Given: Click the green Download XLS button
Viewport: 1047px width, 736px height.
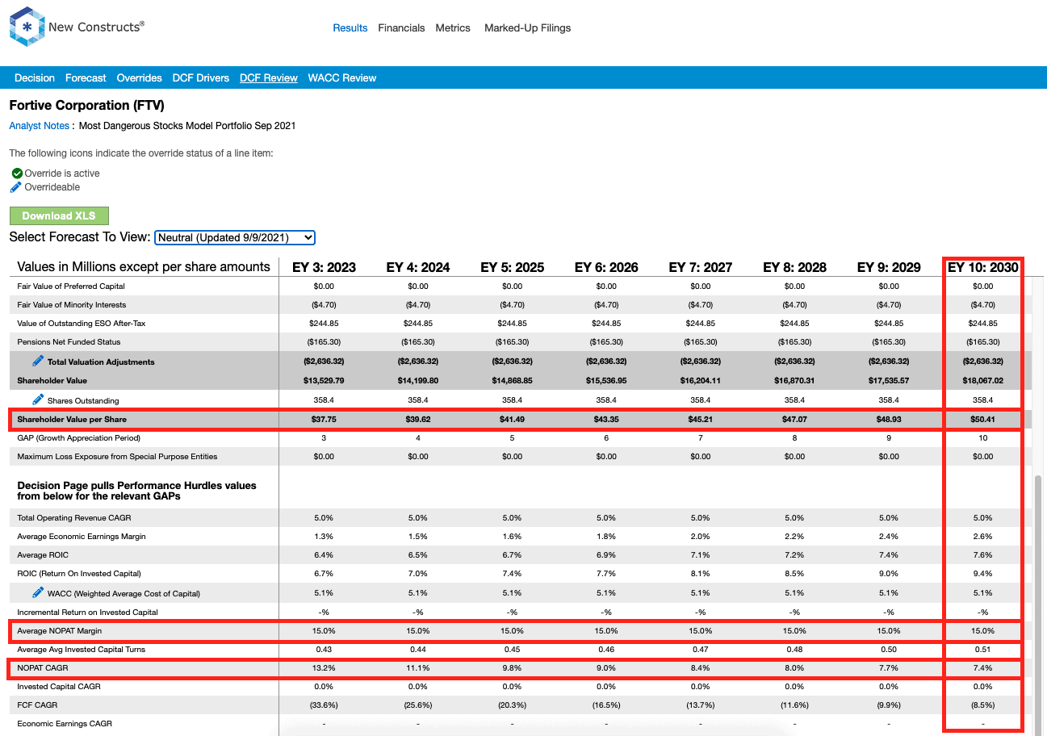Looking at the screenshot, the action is coord(59,216).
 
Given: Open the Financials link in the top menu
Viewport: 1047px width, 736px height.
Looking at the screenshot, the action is coord(401,28).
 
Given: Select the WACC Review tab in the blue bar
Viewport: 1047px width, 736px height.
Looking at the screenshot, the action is coord(341,78).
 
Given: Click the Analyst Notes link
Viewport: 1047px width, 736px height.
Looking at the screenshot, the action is coord(40,126).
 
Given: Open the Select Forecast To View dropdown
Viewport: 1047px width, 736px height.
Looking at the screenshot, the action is coord(235,237).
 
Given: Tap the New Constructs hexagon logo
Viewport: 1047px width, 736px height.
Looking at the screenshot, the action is coord(27,27).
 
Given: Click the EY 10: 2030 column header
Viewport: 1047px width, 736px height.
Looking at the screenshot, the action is coord(982,267).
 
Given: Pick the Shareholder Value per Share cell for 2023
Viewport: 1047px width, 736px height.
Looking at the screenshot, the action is coord(324,419).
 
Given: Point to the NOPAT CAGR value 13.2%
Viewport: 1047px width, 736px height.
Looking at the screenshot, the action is coord(324,667).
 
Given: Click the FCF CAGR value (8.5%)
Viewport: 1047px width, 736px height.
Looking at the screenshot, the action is coord(982,705).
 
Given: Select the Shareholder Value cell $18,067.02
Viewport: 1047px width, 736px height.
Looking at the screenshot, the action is coord(982,380).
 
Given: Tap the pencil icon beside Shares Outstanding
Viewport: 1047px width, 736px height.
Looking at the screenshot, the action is coord(38,399).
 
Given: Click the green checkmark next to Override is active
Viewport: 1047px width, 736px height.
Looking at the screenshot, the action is coord(17,174).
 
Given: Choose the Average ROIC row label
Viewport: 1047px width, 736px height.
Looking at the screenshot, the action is coord(43,554).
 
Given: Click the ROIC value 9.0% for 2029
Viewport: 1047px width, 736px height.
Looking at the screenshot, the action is coord(889,573).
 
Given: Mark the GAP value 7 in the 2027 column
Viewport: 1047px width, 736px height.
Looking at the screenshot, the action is coord(700,438).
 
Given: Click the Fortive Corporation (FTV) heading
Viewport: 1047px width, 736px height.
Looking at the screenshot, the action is coord(87,105).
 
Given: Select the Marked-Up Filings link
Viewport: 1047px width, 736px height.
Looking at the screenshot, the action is coord(527,28).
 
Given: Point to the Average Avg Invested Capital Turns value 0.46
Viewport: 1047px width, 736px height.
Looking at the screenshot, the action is coord(606,649).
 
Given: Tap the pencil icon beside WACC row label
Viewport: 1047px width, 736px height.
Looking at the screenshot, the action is coord(38,592).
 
